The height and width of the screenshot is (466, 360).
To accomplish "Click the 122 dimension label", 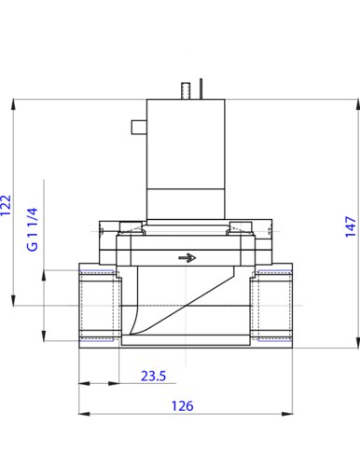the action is (x=6, y=205).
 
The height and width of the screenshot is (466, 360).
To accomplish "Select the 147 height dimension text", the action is (x=351, y=226).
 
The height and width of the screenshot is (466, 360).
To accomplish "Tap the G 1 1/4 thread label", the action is (x=33, y=229).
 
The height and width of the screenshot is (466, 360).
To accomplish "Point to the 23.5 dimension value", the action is (x=154, y=376).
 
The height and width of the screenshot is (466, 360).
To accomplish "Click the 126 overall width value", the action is (x=183, y=405).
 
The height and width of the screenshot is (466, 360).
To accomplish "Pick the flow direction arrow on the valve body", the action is (x=187, y=258).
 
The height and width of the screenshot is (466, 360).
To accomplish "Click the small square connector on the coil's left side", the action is (x=139, y=127).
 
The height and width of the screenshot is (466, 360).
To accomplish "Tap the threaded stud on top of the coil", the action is (x=186, y=91).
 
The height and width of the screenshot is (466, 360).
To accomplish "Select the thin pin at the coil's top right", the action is (x=201, y=89).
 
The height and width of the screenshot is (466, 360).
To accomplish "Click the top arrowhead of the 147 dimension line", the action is (x=357, y=104).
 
